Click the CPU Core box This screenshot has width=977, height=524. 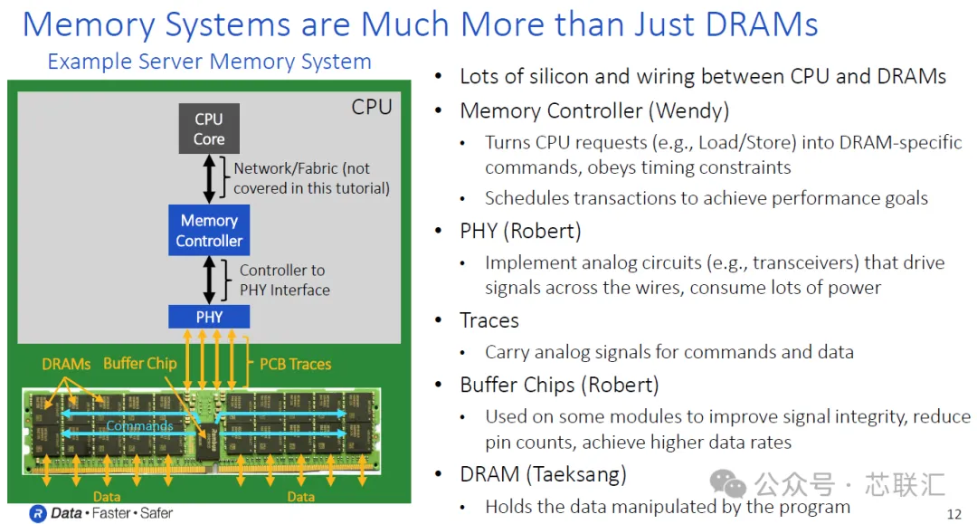(209, 129)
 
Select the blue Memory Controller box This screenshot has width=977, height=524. (209, 230)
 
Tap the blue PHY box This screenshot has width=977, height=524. (209, 317)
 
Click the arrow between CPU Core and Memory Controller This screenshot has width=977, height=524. (209, 179)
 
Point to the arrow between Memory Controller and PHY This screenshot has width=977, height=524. (209, 281)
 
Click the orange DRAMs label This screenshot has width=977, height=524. (66, 364)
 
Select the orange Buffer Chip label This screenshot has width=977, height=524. (140, 363)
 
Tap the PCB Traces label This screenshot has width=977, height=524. (295, 364)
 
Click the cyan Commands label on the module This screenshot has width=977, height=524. (139, 425)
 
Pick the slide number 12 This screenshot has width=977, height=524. (954, 514)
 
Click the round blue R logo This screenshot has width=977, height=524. (38, 513)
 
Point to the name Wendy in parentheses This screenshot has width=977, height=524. (689, 111)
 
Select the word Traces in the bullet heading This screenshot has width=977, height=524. (489, 320)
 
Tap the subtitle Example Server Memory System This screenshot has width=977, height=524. (209, 61)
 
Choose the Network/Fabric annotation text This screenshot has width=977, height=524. (311, 178)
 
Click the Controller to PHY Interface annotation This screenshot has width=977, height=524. (285, 280)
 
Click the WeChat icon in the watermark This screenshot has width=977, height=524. (727, 484)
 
